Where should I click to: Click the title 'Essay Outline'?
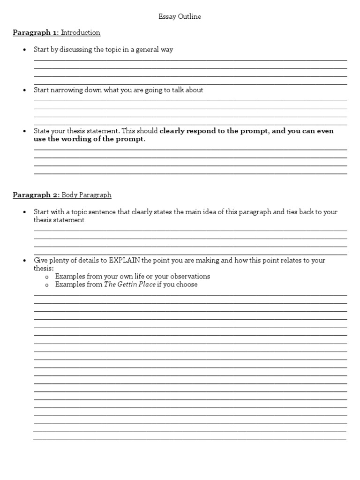[180, 16]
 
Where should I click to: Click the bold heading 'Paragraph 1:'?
[36, 33]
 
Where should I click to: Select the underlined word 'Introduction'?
[81, 33]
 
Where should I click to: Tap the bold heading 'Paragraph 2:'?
[36, 195]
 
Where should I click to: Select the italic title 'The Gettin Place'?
[130, 284]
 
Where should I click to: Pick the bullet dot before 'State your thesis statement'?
[24, 131]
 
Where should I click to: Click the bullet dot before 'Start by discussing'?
[24, 50]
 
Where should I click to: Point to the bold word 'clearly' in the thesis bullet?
[172, 131]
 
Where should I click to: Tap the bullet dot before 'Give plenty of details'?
[24, 260]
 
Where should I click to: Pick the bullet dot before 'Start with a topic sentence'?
[24, 212]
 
